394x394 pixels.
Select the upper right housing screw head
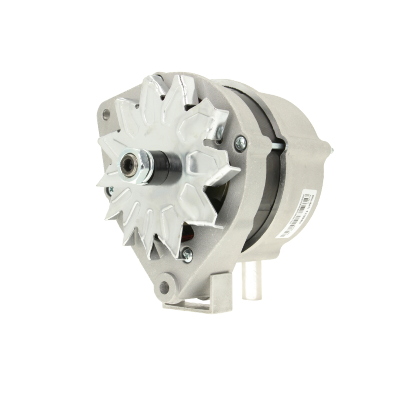pos(240,143)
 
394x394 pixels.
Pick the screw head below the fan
pos(187,254)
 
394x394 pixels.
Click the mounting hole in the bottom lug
pos(164,287)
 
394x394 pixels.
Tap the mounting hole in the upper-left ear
pos(105,115)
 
